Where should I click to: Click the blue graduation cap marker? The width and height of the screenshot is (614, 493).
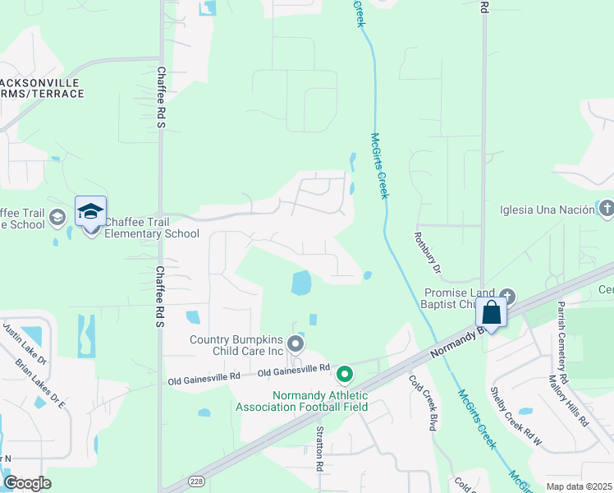click(90, 212)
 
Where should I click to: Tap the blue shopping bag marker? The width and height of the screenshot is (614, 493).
click(491, 313)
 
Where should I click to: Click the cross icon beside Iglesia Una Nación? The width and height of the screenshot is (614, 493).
click(606, 209)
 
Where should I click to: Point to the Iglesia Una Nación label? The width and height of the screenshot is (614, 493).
click(547, 210)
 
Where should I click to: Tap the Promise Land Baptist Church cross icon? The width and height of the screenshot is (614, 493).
click(507, 295)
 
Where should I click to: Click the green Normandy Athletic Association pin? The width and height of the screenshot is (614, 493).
click(345, 375)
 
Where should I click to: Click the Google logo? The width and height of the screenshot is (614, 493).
click(27, 483)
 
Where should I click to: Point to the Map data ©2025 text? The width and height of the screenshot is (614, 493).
click(579, 486)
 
